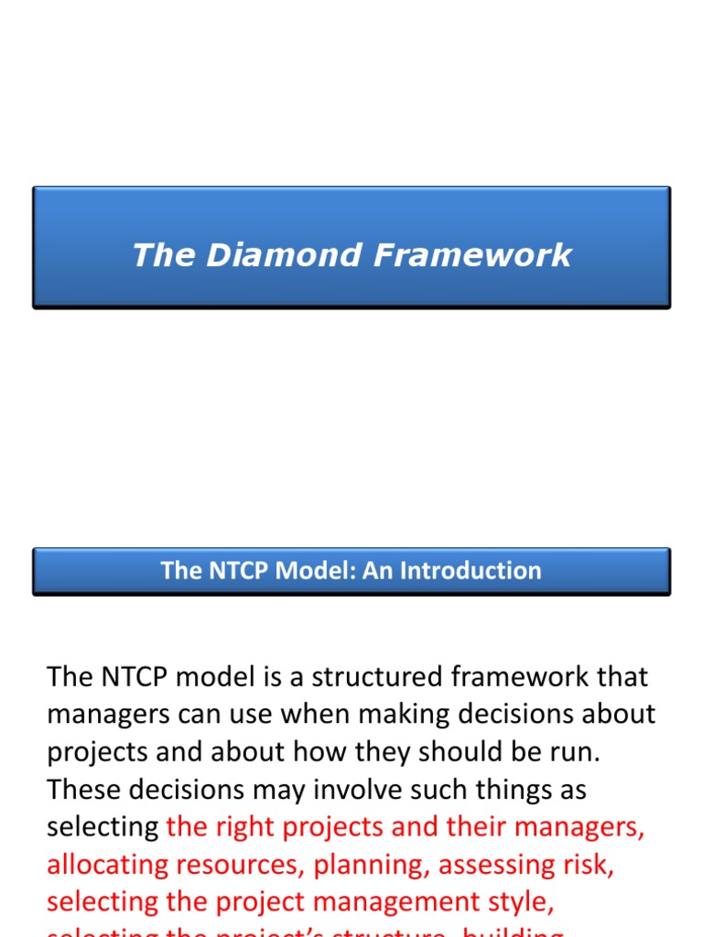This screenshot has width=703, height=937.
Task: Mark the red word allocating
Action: [109, 865]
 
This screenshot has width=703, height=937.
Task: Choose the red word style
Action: [519, 902]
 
